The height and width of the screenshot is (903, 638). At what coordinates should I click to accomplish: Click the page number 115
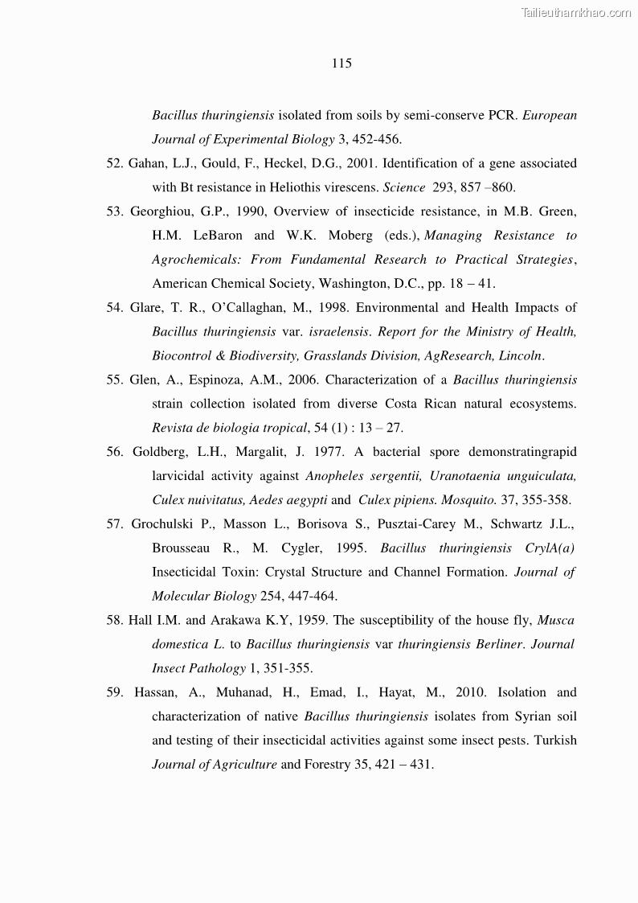point(341,64)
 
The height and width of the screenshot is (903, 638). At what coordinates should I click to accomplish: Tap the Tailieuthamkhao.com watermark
point(576,12)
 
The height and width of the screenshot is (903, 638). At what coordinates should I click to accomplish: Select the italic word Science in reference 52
point(404,187)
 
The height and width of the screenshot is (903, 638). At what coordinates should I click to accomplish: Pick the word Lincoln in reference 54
point(521,355)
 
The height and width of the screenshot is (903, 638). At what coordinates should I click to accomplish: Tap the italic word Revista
point(172,427)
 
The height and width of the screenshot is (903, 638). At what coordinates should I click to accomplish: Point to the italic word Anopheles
point(334,476)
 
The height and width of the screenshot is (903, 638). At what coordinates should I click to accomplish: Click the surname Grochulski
point(165,523)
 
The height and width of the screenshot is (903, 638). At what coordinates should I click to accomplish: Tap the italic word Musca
point(555,620)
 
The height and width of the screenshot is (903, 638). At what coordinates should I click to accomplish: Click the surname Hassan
point(157,692)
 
